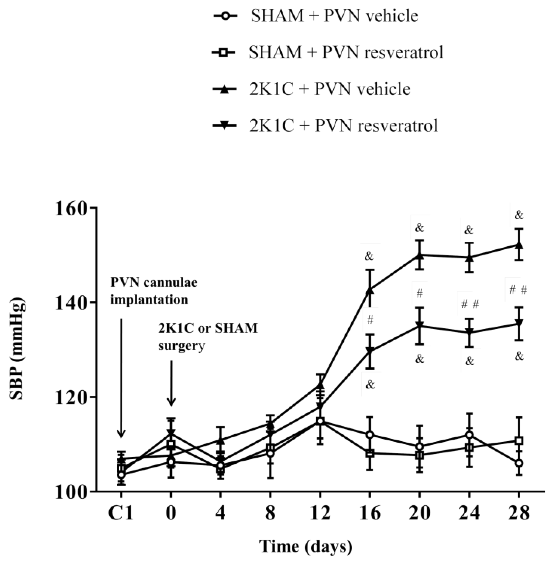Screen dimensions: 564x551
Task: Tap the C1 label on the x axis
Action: (121, 513)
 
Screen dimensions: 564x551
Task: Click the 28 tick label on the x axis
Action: (519, 513)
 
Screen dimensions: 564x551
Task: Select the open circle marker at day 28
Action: (519, 463)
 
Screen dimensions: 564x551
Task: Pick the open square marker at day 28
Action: (519, 441)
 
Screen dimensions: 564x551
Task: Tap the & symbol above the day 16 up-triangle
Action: (369, 256)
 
